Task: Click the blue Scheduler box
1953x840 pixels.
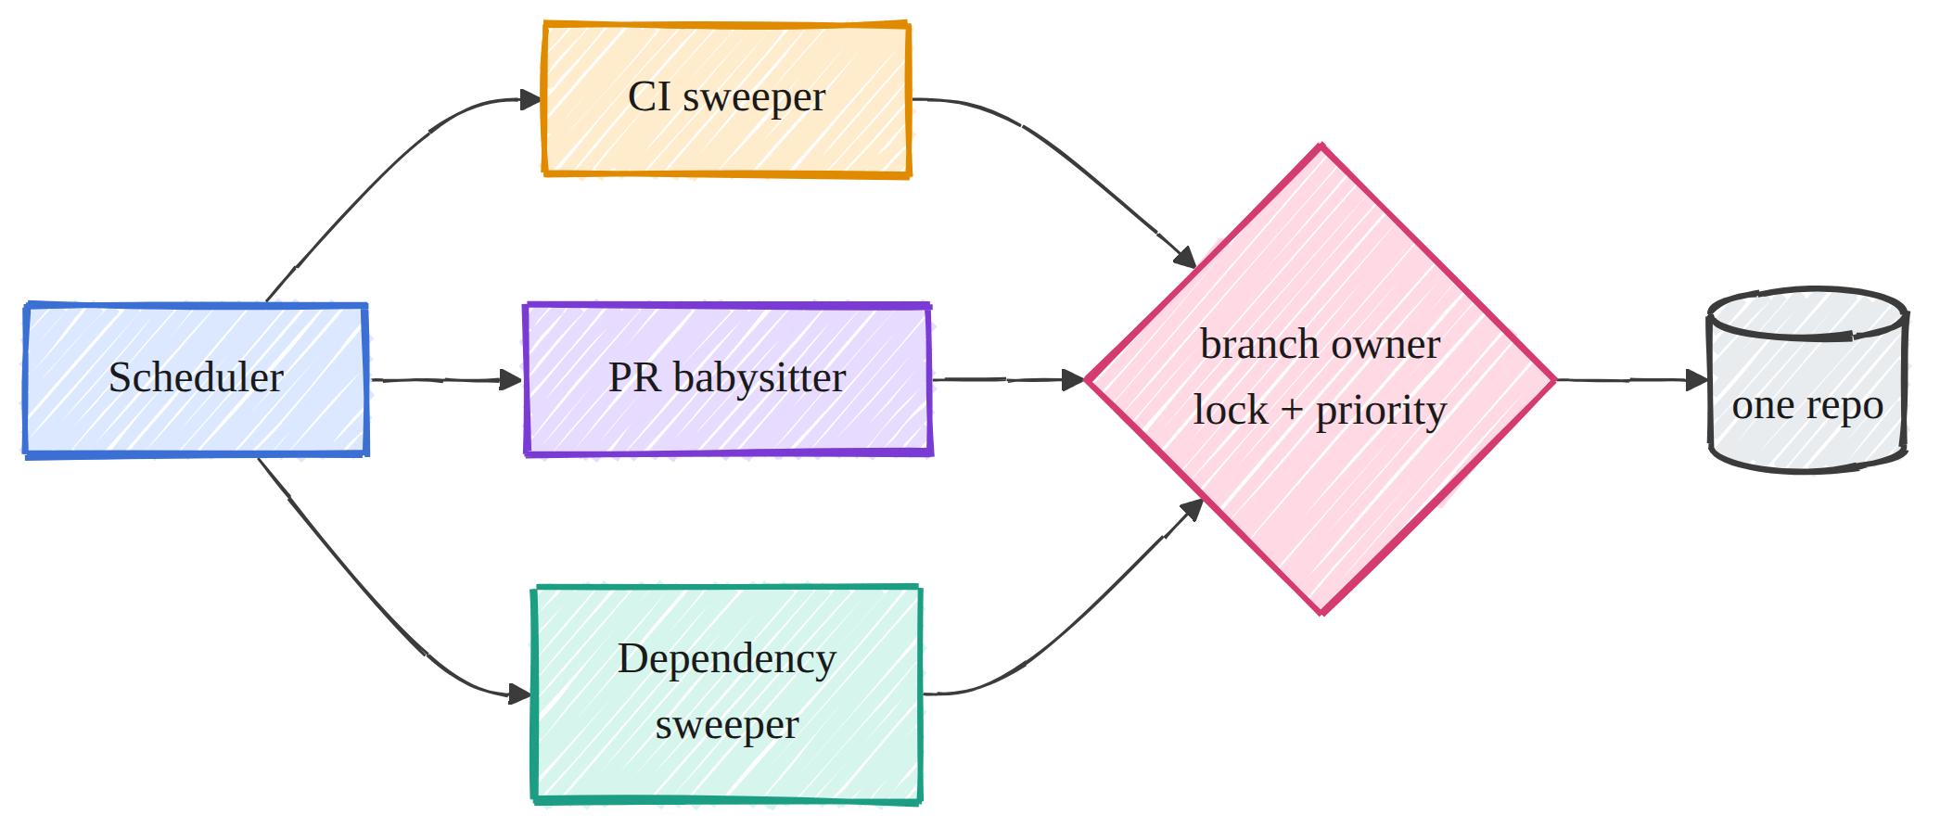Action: click(197, 379)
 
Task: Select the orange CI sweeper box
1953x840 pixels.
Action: click(727, 99)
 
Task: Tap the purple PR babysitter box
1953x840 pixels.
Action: click(728, 379)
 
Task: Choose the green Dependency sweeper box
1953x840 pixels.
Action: click(727, 694)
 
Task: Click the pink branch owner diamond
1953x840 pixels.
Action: click(1321, 379)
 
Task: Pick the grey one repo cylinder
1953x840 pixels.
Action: click(1807, 380)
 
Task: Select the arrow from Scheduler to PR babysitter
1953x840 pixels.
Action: click(446, 379)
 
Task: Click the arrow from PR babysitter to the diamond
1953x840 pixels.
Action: click(1009, 379)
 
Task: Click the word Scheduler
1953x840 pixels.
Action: click(196, 377)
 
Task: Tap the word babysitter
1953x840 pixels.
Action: click(759, 377)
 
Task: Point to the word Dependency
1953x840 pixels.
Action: click(727, 660)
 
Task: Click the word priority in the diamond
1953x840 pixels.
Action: click(1381, 411)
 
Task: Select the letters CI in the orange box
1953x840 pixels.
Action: click(649, 96)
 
